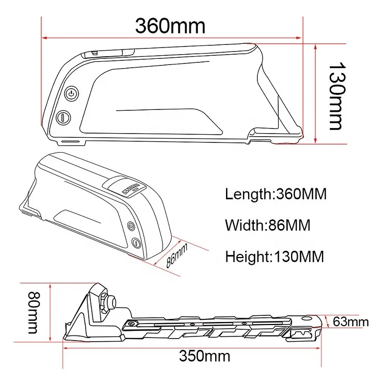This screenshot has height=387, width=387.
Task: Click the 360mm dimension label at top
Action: pyautogui.click(x=170, y=25)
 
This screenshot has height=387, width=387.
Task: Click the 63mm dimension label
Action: pyautogui.click(x=351, y=322)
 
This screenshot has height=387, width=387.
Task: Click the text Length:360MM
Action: pyautogui.click(x=276, y=194)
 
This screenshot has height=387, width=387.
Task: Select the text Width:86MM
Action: pyautogui.click(x=268, y=225)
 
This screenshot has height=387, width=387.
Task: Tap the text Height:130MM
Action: pyautogui.click(x=275, y=256)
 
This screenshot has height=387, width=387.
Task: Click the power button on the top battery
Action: pyautogui.click(x=71, y=94)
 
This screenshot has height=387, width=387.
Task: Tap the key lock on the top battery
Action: pyautogui.click(x=62, y=117)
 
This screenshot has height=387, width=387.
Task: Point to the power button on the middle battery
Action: pyautogui.click(x=131, y=226)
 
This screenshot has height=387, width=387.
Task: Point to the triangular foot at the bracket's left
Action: pyautogui.click(x=75, y=330)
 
